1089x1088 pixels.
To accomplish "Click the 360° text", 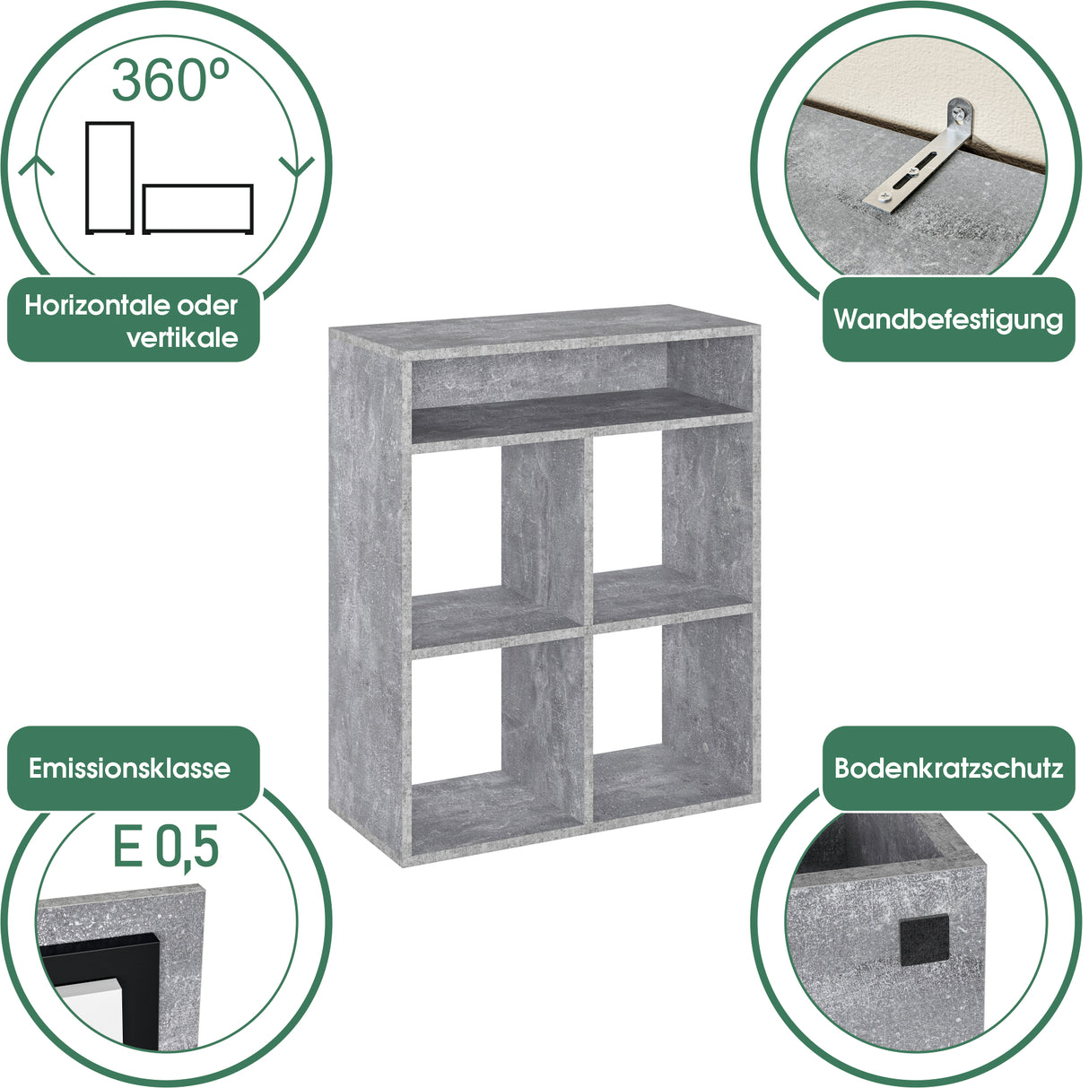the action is pos(170,79).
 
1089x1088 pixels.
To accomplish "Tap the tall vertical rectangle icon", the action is pos(110,178).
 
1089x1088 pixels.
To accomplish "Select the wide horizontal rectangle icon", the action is pos(197,209).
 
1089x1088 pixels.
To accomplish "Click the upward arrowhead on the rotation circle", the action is pos(36,166).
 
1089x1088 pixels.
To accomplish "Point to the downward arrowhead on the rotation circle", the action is pos(297,166).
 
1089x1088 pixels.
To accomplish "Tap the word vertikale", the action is pos(182,338).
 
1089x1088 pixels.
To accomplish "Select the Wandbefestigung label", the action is pos(948,320).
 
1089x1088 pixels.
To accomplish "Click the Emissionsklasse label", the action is pos(130,769).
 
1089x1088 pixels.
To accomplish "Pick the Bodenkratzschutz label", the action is pos(948,769).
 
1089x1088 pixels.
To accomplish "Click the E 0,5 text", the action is pos(166,846).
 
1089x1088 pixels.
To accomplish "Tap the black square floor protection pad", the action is pos(924,941).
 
